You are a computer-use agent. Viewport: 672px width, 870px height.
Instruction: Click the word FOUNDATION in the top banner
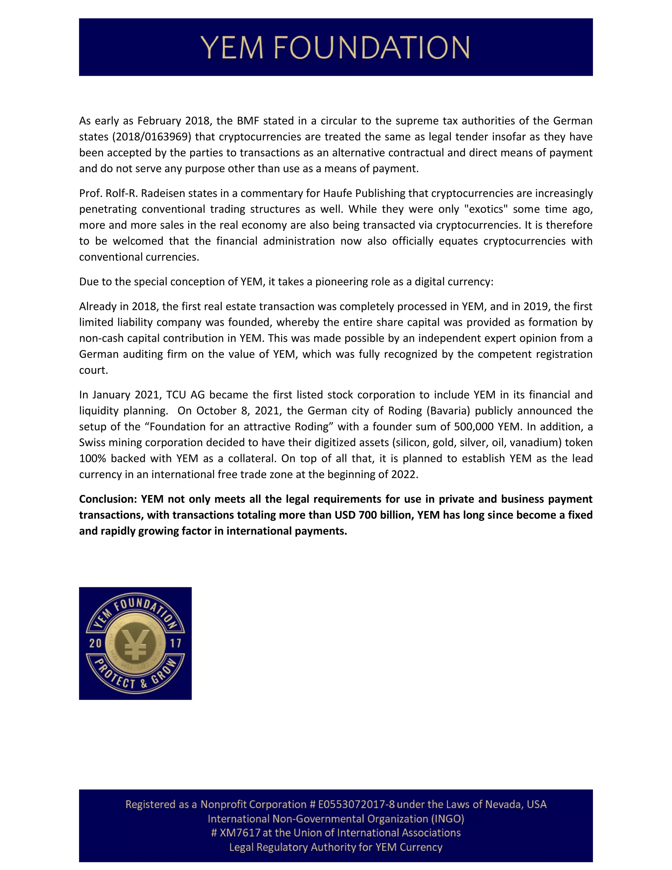coord(372,47)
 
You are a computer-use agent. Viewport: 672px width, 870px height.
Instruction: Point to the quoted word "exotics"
coord(486,209)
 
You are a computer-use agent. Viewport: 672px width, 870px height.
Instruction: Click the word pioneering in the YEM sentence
coord(340,282)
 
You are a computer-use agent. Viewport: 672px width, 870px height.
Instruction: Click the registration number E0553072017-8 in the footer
coord(356,804)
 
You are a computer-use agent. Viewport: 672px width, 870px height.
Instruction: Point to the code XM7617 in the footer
coord(240,833)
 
